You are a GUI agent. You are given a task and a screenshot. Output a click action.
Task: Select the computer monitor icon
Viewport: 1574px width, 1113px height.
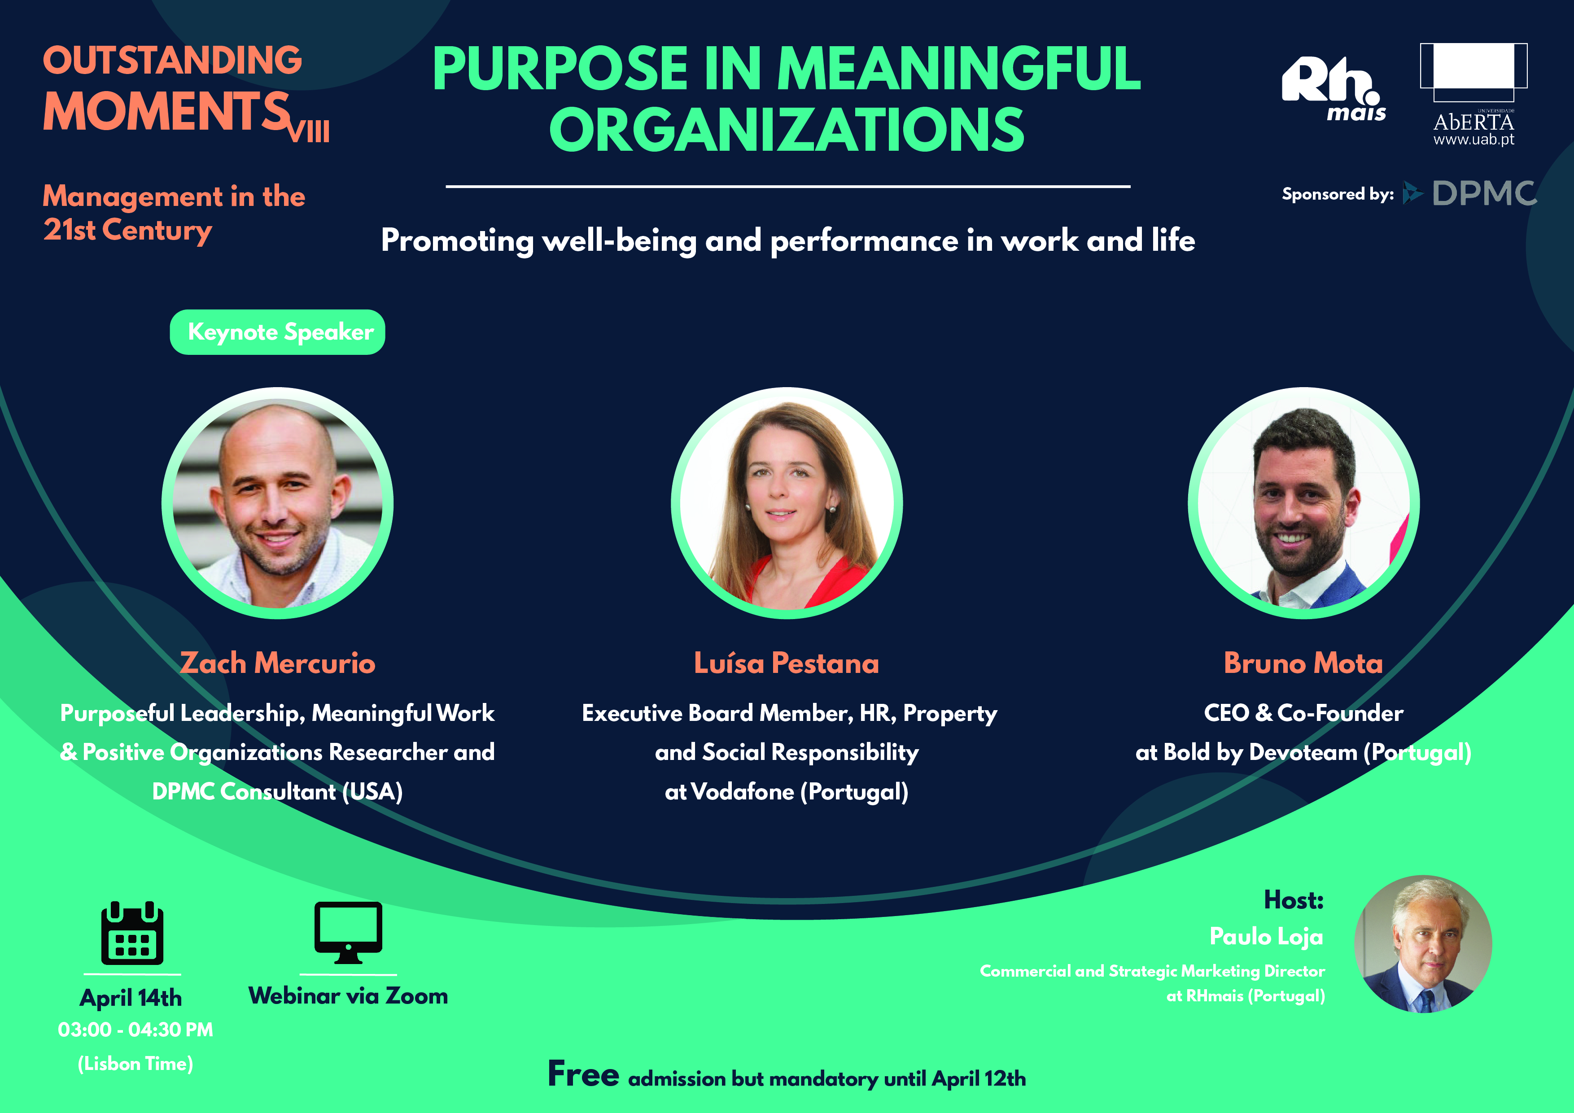(x=348, y=933)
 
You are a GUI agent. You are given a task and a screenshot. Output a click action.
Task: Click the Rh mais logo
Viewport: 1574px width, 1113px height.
(x=1334, y=89)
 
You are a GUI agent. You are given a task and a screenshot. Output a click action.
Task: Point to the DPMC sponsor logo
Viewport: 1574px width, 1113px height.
(x=1469, y=193)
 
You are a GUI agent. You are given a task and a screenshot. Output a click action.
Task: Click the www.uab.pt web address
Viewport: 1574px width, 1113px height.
(x=1474, y=140)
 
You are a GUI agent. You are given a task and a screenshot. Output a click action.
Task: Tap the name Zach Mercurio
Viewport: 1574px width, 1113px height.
(x=278, y=663)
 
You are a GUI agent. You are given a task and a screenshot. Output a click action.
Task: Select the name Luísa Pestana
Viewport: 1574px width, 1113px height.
(x=786, y=663)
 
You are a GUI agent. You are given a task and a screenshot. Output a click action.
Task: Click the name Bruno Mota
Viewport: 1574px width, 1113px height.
(x=1303, y=663)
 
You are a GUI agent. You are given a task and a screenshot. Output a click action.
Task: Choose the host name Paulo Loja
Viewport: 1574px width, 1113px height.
(x=1266, y=937)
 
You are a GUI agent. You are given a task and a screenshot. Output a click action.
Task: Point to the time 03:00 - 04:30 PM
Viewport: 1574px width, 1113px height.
(x=136, y=1030)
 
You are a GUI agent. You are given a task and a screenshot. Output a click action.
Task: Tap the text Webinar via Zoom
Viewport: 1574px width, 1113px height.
(x=348, y=996)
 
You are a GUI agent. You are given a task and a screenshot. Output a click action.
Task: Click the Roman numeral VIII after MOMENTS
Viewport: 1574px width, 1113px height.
(x=309, y=131)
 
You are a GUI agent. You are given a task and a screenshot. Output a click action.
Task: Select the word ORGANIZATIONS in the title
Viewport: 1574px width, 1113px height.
(x=787, y=130)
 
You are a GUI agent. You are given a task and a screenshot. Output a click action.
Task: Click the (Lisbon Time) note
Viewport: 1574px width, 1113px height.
(x=136, y=1064)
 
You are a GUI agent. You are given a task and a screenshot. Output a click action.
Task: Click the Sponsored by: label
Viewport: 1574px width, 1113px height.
(x=1338, y=195)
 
